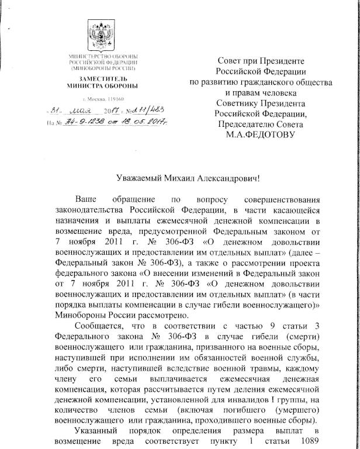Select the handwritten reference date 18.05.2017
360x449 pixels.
144,122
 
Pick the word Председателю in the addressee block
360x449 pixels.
245,125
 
